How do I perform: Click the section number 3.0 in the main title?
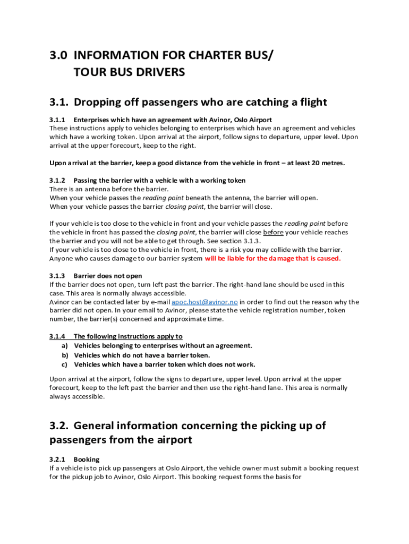point(58,55)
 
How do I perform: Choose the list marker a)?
point(65,345)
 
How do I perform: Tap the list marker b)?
point(65,355)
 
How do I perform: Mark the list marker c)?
point(65,364)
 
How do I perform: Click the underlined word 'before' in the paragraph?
point(273,232)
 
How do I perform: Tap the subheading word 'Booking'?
point(87,459)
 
